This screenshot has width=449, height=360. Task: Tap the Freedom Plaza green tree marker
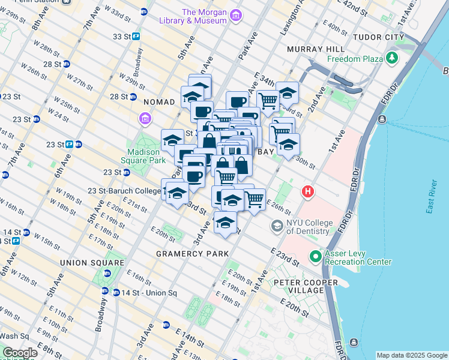click(393, 58)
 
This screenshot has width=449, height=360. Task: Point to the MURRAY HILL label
click(315, 48)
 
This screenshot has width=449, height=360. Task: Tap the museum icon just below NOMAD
click(145, 119)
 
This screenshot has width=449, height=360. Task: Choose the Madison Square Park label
click(143, 155)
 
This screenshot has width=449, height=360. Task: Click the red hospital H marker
click(308, 192)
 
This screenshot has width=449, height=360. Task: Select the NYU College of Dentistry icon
click(277, 226)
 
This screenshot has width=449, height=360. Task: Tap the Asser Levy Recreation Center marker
click(316, 257)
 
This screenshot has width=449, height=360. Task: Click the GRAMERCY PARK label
click(192, 254)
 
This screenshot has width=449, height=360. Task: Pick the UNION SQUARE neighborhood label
click(86, 263)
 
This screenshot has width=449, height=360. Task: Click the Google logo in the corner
click(19, 353)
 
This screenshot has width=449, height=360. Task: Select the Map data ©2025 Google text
click(411, 355)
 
